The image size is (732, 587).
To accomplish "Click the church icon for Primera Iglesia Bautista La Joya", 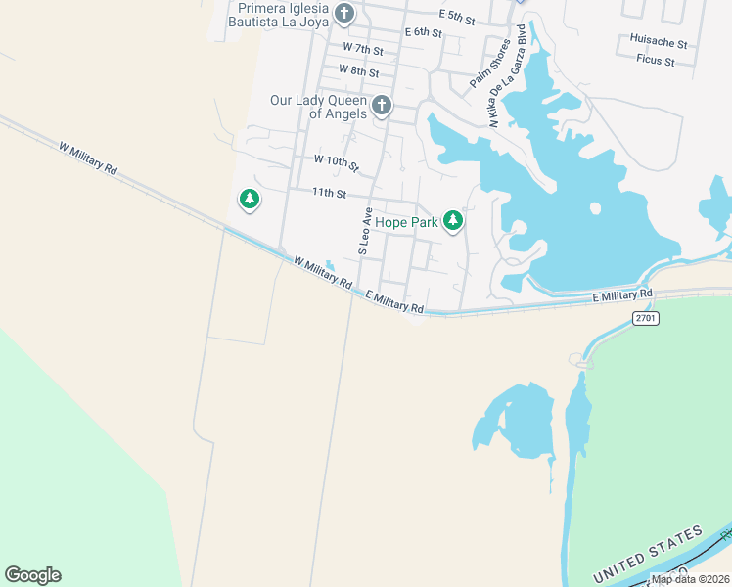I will [x=344, y=14].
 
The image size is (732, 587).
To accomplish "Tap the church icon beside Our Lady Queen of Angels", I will [x=381, y=105].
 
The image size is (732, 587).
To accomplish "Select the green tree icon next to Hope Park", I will [x=452, y=221].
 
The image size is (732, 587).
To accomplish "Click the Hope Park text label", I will [x=407, y=222].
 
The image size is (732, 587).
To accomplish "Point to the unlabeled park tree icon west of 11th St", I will [x=250, y=200].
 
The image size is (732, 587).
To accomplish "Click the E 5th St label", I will [x=457, y=18].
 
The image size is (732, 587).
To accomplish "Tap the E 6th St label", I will [x=424, y=32].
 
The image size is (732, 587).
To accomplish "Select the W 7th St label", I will [x=363, y=48].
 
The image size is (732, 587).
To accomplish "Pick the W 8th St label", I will [x=358, y=69].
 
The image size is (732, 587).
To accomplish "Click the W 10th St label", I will [x=337, y=160].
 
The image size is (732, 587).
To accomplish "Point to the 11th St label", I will [x=330, y=194].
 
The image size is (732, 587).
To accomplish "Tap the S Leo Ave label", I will [x=365, y=231].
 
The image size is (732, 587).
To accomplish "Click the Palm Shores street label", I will [x=490, y=64].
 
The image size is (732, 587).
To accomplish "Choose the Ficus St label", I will [x=656, y=61].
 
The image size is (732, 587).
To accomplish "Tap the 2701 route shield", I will [x=645, y=317].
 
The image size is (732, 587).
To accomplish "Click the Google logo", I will [x=32, y=575].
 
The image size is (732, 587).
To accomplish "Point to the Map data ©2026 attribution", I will [x=691, y=579].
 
